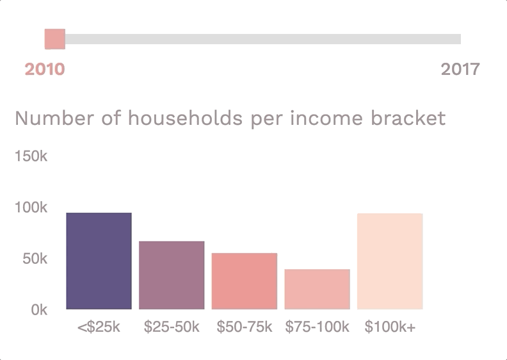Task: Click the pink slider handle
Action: click(55, 39)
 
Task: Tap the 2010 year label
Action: click(45, 69)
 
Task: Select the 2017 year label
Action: click(460, 69)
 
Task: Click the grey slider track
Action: click(263, 39)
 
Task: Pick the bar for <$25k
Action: click(99, 261)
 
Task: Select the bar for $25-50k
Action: click(172, 275)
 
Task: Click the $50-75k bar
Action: click(245, 281)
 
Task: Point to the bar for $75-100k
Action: click(318, 289)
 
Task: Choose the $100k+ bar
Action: click(390, 261)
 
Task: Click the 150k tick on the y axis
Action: click(31, 156)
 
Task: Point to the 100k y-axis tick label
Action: click(31, 208)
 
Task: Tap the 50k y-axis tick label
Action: click(35, 259)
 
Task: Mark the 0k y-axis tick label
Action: click(39, 310)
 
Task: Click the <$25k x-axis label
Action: click(99, 327)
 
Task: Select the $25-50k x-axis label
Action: click(172, 327)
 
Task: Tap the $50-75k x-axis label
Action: click(245, 327)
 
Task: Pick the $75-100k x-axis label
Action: click(318, 327)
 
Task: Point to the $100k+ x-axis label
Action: click(390, 327)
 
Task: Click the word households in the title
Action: click(185, 118)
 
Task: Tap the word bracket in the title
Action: click(408, 118)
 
